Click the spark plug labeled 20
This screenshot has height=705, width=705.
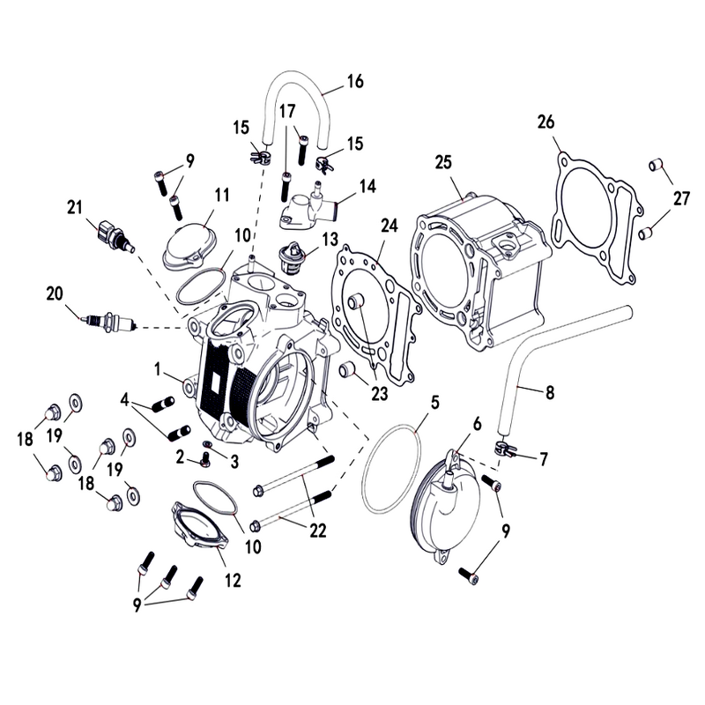(109, 323)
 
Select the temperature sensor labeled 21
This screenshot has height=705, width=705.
(115, 234)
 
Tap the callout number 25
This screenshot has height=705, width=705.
(443, 162)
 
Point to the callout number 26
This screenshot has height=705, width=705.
(546, 122)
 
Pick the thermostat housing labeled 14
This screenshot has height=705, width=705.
(310, 208)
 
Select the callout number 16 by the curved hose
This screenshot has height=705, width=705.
(355, 81)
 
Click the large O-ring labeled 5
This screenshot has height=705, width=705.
(391, 469)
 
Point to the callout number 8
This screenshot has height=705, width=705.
(550, 392)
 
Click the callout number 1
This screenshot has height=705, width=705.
(158, 369)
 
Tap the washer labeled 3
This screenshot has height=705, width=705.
(208, 445)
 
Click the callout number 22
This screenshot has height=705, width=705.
(317, 531)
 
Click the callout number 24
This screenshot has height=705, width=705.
(390, 226)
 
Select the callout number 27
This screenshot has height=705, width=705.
(681, 197)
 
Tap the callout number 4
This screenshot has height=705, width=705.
(124, 399)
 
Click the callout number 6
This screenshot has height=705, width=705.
(477, 424)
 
